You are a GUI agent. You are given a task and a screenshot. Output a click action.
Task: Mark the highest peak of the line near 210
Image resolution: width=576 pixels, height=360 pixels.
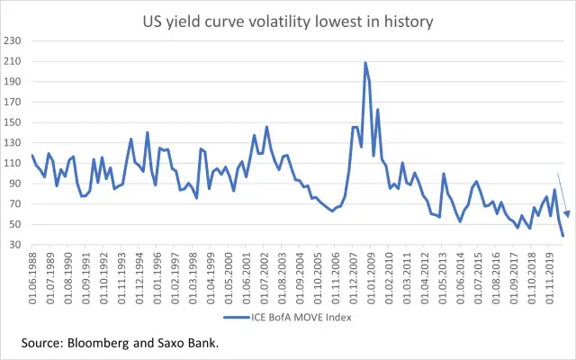tap(365, 63)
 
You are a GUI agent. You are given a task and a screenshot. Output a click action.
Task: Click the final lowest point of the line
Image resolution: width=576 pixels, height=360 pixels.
tap(562, 236)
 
